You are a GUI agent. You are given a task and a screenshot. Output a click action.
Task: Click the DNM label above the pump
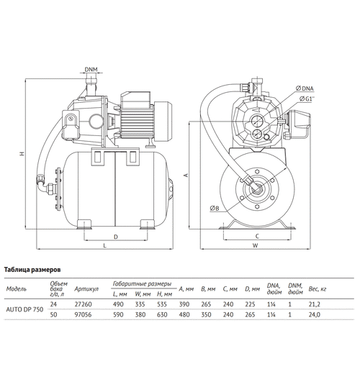click(91, 70)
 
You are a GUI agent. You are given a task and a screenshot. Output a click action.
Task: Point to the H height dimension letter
click(22, 152)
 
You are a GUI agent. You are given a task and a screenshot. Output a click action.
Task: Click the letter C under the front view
click(256, 235)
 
